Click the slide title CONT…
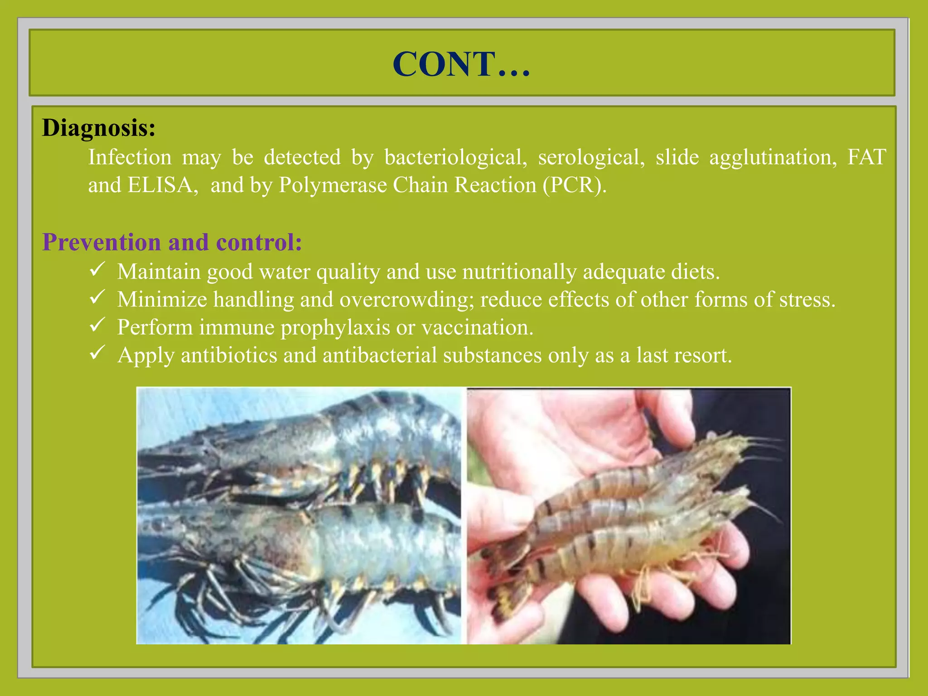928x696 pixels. (461, 64)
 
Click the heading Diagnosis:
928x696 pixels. (99, 128)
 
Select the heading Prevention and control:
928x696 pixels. (172, 242)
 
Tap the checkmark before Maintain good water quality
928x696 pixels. (97, 269)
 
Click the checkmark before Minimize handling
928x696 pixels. (97, 297)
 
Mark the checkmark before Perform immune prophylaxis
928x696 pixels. (97, 325)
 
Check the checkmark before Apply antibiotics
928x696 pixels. (97, 353)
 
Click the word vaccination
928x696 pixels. (477, 328)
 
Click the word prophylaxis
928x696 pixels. (335, 328)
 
